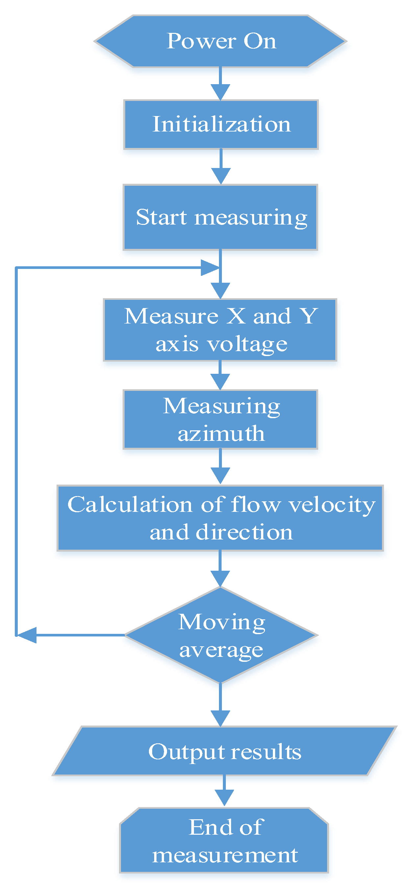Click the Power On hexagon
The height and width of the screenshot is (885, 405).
click(x=220, y=41)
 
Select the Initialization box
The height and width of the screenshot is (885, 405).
click(x=221, y=124)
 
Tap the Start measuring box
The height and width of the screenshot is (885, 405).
click(x=220, y=217)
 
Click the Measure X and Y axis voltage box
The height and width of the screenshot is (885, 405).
click(x=220, y=330)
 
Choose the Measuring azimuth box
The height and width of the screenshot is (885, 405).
click(x=220, y=419)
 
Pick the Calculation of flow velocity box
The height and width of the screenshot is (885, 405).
click(x=220, y=518)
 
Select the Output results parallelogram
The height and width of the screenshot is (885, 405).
click(x=224, y=751)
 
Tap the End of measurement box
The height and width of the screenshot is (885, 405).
click(x=224, y=840)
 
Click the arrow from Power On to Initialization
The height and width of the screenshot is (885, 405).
click(x=220, y=84)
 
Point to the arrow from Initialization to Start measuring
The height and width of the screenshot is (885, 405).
click(x=221, y=167)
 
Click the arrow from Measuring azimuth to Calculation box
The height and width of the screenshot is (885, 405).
click(x=220, y=467)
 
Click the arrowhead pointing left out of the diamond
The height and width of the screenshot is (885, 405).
click(x=27, y=635)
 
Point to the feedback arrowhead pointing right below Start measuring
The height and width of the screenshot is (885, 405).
click(x=209, y=267)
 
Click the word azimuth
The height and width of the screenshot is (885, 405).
click(x=221, y=434)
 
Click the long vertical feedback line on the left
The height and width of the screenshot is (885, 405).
click(x=16, y=447)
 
